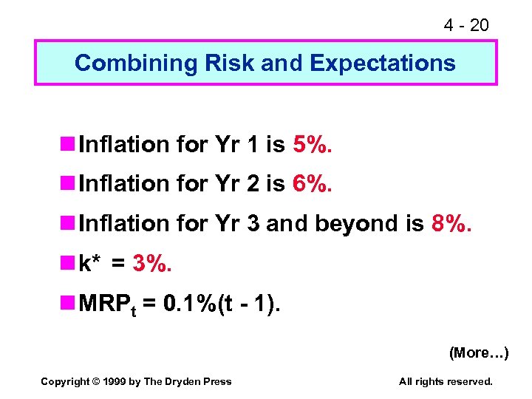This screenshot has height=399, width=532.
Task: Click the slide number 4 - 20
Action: point(465,26)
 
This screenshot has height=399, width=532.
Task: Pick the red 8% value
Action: point(450,222)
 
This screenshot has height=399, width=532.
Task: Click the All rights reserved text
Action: point(446,381)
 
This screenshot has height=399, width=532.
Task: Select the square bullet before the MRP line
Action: point(70,301)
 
